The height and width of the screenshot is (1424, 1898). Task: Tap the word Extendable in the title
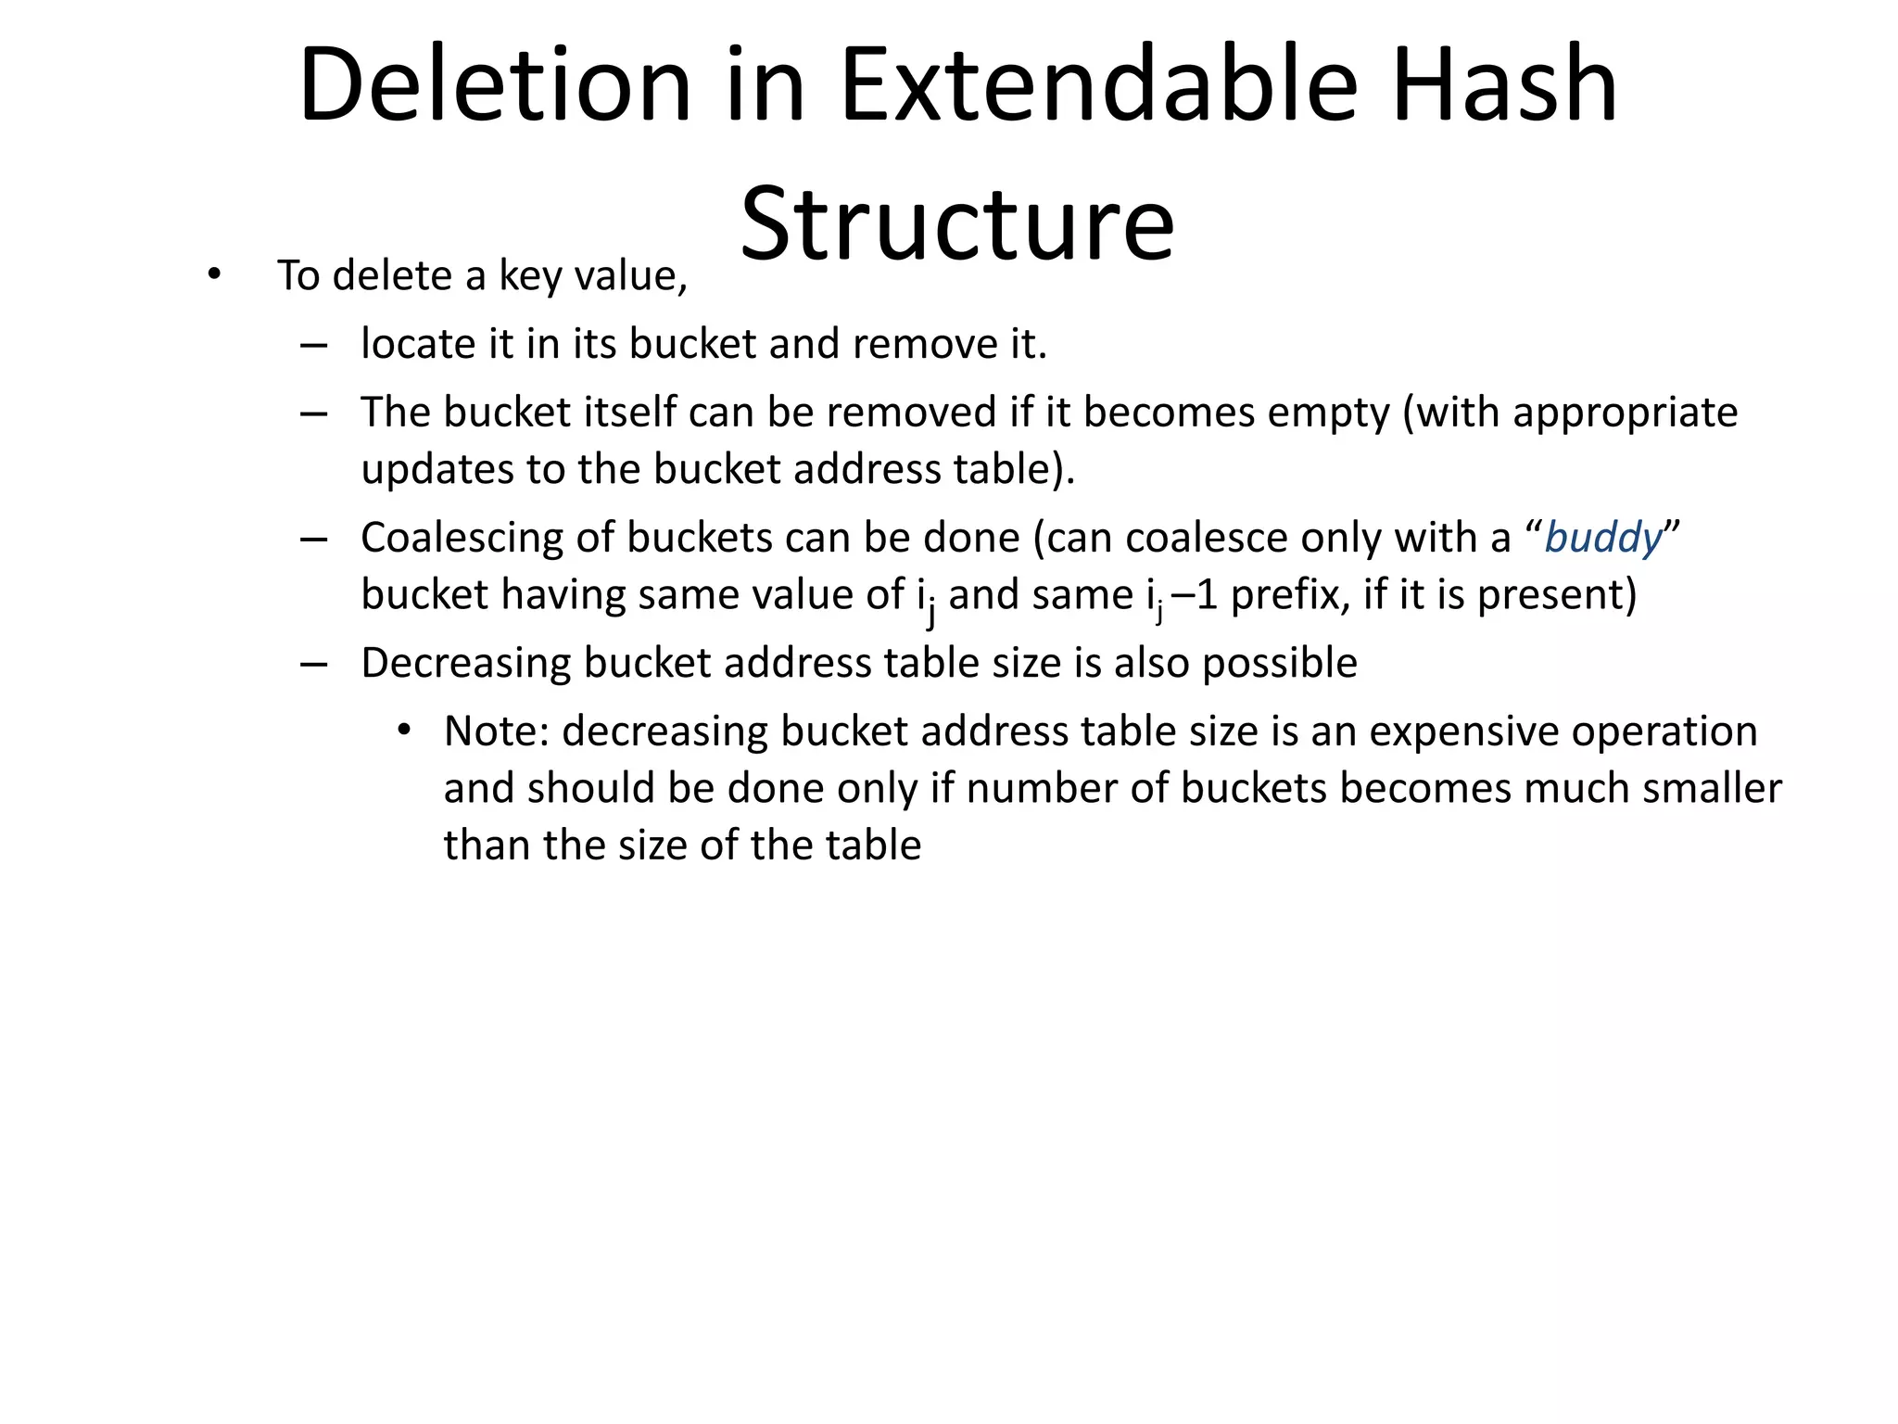[x=1097, y=85]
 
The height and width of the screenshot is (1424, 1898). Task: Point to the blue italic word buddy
[x=1603, y=539]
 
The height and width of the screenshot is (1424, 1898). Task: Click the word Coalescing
[x=461, y=539]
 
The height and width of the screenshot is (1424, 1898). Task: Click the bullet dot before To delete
[x=214, y=275]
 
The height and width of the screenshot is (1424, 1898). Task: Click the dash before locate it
[x=314, y=346]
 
